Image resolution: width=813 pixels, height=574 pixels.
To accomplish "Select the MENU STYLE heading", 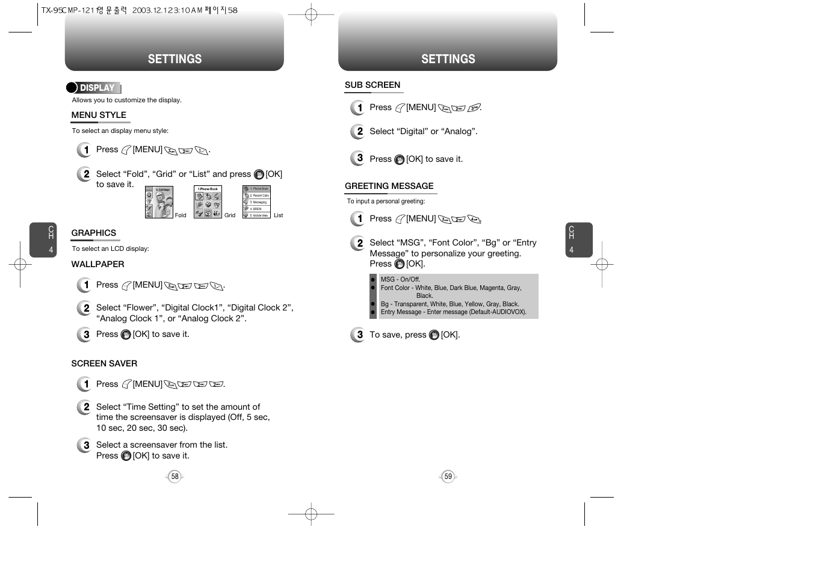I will [x=99, y=115].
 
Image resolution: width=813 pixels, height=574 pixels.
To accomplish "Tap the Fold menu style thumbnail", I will [x=159, y=202].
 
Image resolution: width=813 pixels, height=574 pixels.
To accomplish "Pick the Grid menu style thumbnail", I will [x=208, y=202].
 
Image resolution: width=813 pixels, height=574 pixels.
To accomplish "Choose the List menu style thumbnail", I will [x=256, y=202].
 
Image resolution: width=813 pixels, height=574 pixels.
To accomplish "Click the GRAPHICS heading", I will [x=93, y=233].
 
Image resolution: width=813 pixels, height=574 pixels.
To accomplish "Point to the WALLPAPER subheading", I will [x=97, y=264].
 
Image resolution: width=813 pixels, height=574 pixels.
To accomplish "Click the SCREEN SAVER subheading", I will [x=104, y=363].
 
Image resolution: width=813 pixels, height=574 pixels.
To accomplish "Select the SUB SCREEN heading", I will [x=372, y=85].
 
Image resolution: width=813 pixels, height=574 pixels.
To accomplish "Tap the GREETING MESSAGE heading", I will [x=389, y=186].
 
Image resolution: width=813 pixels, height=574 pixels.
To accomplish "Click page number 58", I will [x=175, y=477].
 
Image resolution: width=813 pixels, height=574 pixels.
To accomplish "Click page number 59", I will [x=448, y=477].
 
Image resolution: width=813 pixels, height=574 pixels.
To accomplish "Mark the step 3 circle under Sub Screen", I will [x=358, y=158].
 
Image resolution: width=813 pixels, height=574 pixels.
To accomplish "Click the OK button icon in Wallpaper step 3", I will [x=126, y=335].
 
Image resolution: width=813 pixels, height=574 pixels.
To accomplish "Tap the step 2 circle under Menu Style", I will [x=85, y=174].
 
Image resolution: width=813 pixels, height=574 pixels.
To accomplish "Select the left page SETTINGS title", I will [x=175, y=59].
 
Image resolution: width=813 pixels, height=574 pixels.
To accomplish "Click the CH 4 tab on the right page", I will [x=578, y=239].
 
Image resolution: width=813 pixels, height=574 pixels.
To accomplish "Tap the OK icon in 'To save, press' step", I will [x=434, y=335].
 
